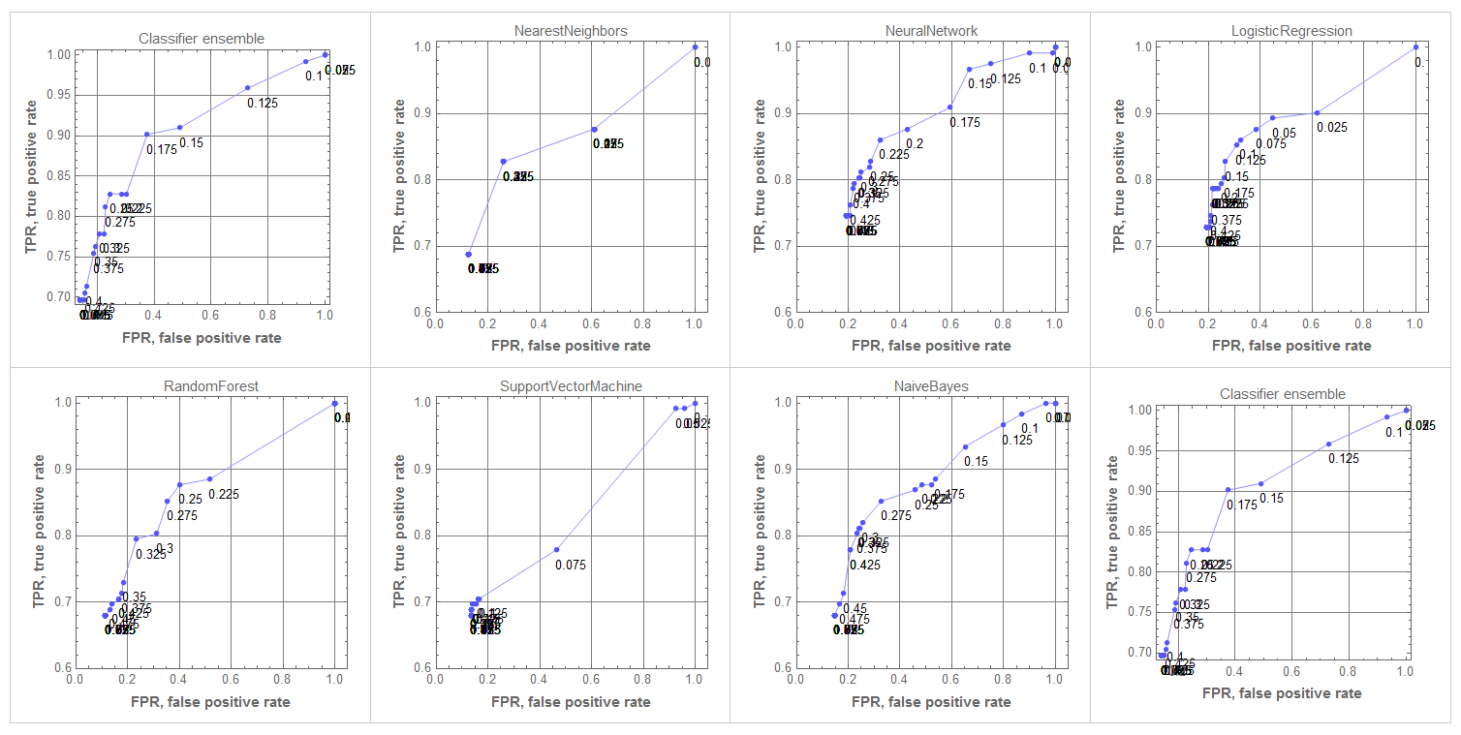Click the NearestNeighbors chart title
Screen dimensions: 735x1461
point(570,31)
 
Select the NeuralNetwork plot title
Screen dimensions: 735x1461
point(931,31)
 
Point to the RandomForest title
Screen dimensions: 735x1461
point(210,386)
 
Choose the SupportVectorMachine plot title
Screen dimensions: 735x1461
point(571,386)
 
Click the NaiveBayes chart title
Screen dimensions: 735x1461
point(931,386)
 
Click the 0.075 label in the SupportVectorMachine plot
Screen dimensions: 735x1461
point(571,565)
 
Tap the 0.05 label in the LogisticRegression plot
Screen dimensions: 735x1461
point(1284,134)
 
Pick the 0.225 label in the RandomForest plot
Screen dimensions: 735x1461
point(223,494)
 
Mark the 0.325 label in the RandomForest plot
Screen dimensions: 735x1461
point(151,555)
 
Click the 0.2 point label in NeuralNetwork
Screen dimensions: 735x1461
point(914,144)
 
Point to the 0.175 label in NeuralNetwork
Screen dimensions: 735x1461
point(965,122)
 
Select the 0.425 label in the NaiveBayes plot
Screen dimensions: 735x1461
point(865,565)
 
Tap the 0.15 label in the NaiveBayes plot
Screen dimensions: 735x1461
point(976,462)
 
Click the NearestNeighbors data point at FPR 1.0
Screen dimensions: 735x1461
point(695,46)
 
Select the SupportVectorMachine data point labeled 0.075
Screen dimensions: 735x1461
point(556,550)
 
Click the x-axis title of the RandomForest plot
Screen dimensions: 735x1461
point(210,701)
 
